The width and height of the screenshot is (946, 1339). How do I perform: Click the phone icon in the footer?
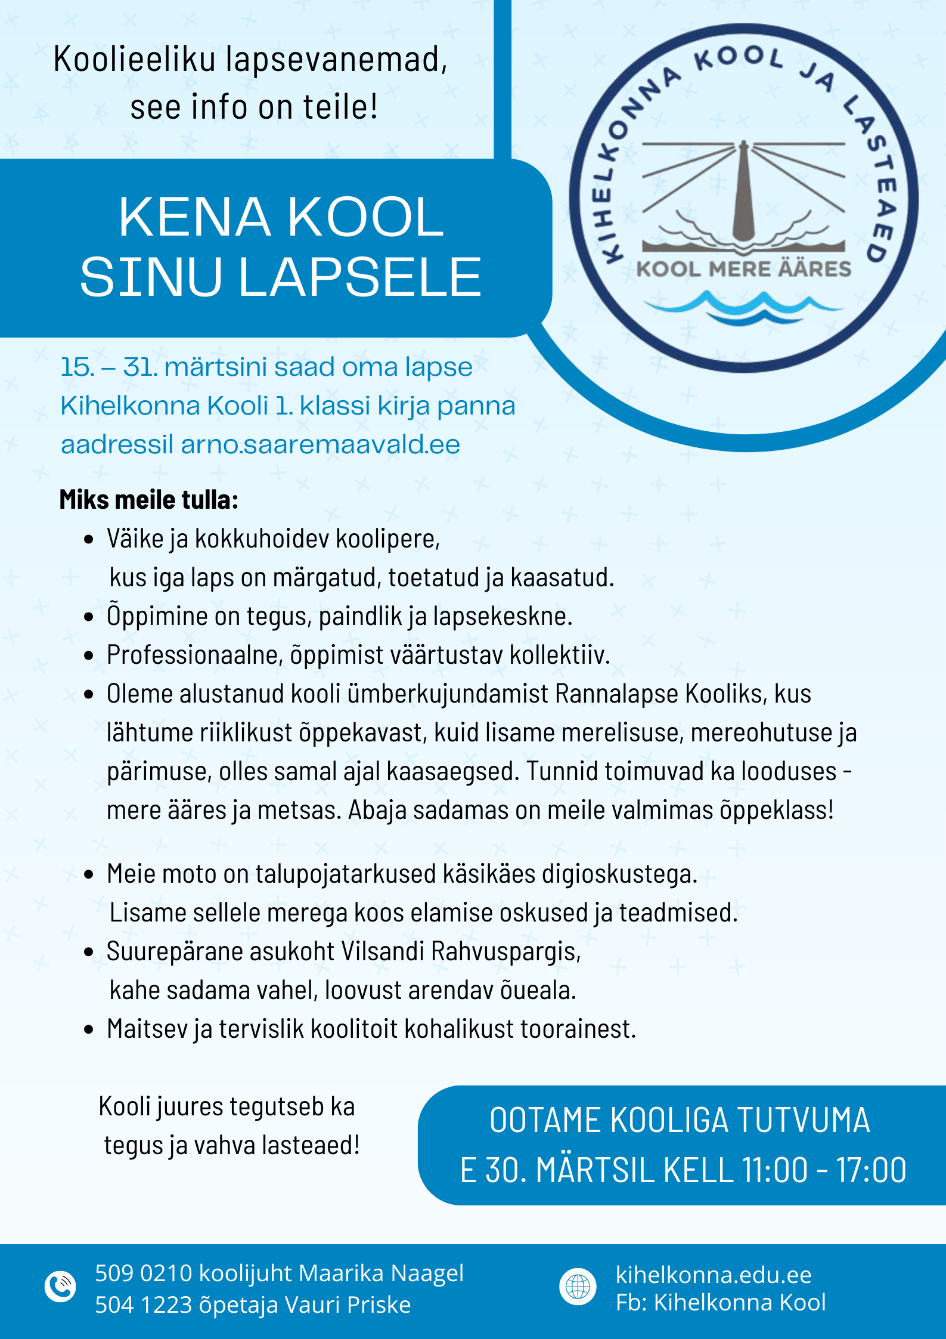[60, 1287]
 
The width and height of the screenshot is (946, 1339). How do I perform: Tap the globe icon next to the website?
[578, 1287]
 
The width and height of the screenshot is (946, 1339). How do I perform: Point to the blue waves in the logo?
[743, 308]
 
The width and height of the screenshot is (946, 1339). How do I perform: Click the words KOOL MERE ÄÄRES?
[744, 269]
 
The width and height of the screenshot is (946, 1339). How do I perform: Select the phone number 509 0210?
[143, 1273]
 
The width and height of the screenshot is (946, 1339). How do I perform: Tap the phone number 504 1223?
[143, 1305]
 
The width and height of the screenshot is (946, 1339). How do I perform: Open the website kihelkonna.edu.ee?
[714, 1275]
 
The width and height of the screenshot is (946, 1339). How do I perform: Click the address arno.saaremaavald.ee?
[320, 445]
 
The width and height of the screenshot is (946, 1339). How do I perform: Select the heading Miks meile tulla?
[148, 500]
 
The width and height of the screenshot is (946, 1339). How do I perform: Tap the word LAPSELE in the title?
[359, 277]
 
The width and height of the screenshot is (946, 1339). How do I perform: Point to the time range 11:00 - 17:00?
[824, 1170]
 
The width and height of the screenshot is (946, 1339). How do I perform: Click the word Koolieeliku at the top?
[134, 60]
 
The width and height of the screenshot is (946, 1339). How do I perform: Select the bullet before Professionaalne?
[89, 656]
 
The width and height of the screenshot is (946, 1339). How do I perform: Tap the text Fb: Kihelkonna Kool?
[721, 1303]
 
